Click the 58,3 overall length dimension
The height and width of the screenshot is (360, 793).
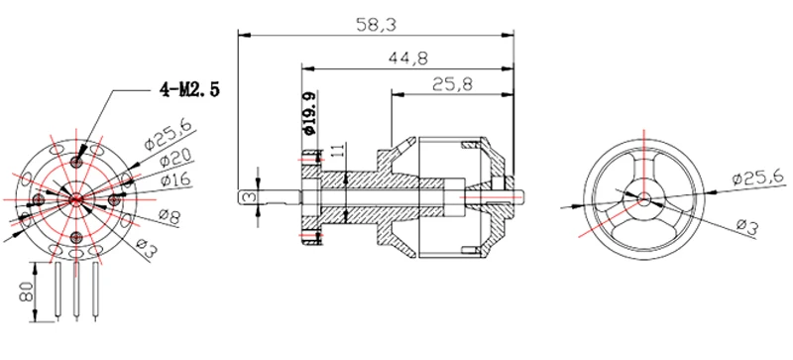pos(376,25)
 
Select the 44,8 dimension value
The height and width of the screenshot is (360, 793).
pos(407,59)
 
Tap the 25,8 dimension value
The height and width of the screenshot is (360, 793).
pos(452,84)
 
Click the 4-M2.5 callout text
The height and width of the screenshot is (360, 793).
pos(189,89)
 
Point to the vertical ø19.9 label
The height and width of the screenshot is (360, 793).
pos(309,114)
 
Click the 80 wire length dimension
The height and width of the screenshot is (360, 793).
pos(27,292)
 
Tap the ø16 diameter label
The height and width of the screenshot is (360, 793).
pos(175,180)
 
